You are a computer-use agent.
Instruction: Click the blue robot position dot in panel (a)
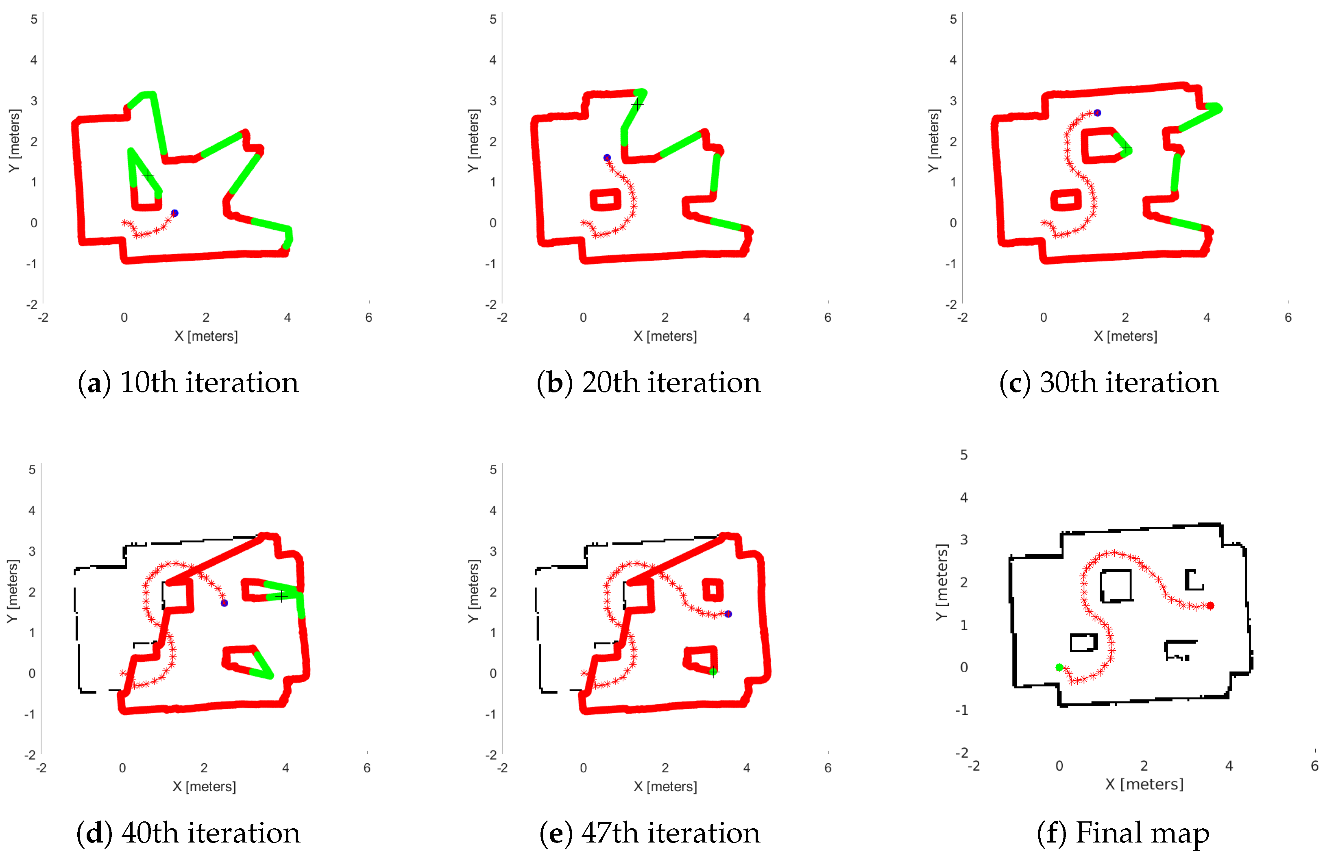(174, 213)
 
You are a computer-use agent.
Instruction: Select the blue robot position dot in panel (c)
(1097, 113)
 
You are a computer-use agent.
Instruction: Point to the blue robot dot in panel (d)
(224, 603)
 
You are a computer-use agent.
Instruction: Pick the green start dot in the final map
(1059, 667)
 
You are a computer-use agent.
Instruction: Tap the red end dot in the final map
(1210, 605)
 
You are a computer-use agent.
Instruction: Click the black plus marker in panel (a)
(148, 175)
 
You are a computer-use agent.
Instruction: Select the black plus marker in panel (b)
(637, 104)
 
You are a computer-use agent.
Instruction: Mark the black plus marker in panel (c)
(1126, 148)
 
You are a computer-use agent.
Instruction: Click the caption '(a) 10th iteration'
(188, 383)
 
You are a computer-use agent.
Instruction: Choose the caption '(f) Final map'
(1123, 833)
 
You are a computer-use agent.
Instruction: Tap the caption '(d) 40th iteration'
(188, 833)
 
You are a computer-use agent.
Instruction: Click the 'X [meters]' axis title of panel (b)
(665, 336)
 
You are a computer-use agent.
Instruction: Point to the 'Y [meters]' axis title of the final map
(941, 582)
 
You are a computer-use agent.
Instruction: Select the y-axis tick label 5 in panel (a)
(34, 20)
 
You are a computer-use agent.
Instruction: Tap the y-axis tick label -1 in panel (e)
(490, 714)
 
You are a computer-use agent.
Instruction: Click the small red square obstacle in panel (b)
(605, 199)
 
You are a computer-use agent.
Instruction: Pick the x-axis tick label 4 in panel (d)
(285, 768)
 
